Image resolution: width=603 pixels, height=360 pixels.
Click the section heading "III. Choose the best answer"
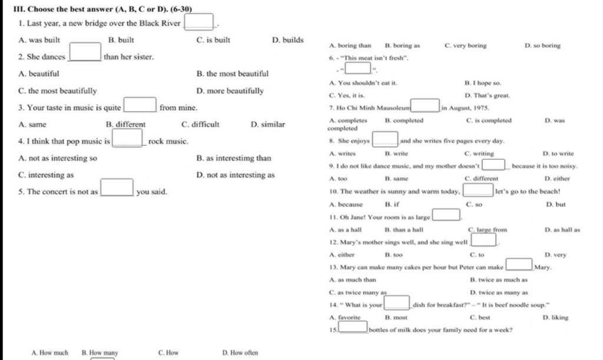pyautogui.click(x=97, y=9)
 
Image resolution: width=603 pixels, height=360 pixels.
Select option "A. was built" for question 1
pyautogui.click(x=39, y=40)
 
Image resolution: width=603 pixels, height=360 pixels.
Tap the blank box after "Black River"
pyautogui.click(x=199, y=23)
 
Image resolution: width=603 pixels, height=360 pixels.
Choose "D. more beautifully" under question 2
pyautogui.click(x=230, y=91)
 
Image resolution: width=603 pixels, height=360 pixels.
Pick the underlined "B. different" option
pyautogui.click(x=125, y=125)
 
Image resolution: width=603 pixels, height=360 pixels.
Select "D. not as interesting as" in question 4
pyautogui.click(x=235, y=175)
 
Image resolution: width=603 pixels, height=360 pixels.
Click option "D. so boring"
pyautogui.click(x=542, y=45)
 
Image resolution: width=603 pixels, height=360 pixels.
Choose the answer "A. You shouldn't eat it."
pyautogui.click(x=364, y=83)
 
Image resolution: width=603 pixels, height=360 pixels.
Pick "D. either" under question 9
pyautogui.click(x=557, y=178)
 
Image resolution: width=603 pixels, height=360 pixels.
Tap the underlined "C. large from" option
pyautogui.click(x=487, y=230)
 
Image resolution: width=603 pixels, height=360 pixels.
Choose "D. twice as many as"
pyautogui.click(x=499, y=292)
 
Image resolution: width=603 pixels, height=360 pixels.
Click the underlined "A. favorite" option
pyautogui.click(x=345, y=317)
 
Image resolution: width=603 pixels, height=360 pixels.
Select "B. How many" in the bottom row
pyautogui.click(x=100, y=353)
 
